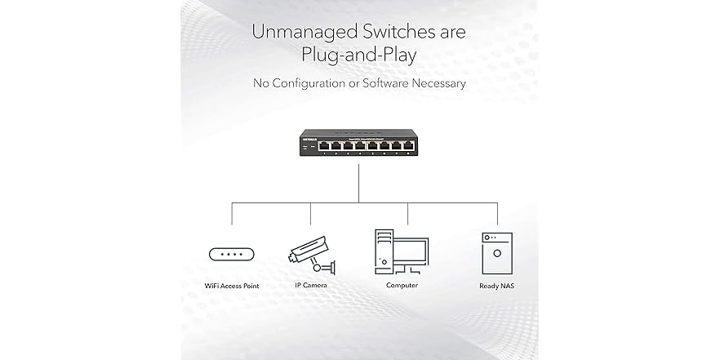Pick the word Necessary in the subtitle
point(439,83)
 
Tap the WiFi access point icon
point(232,254)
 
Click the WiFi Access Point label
point(232,286)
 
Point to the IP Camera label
point(311,286)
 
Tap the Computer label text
point(402,286)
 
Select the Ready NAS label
point(496,286)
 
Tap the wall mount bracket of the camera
point(328,266)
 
